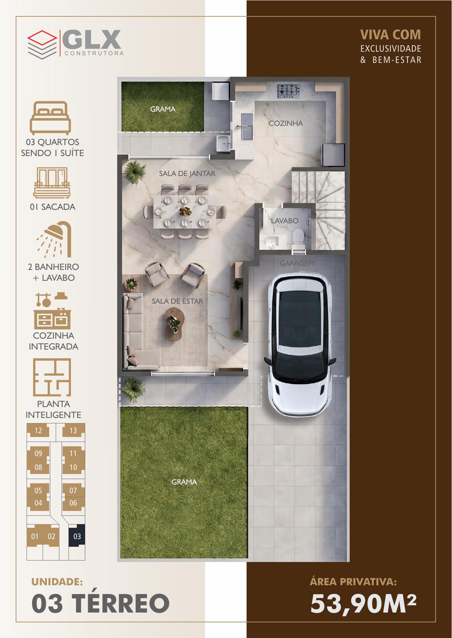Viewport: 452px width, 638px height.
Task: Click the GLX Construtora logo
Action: click(76, 43)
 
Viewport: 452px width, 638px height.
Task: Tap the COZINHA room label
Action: click(286, 123)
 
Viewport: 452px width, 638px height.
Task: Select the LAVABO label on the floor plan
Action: click(284, 221)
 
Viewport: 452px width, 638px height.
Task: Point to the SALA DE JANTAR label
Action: click(187, 174)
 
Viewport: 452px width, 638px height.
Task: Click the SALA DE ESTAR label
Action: click(177, 301)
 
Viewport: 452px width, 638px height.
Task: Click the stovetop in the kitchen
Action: click(288, 91)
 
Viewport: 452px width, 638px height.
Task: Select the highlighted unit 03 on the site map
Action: click(77, 537)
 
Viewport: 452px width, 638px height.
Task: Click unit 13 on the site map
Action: click(74, 431)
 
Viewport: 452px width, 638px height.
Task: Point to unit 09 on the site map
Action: click(38, 454)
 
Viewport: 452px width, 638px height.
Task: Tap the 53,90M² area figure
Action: click(363, 603)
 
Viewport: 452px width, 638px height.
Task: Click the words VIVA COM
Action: click(390, 35)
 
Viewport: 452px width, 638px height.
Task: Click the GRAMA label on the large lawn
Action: click(184, 482)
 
